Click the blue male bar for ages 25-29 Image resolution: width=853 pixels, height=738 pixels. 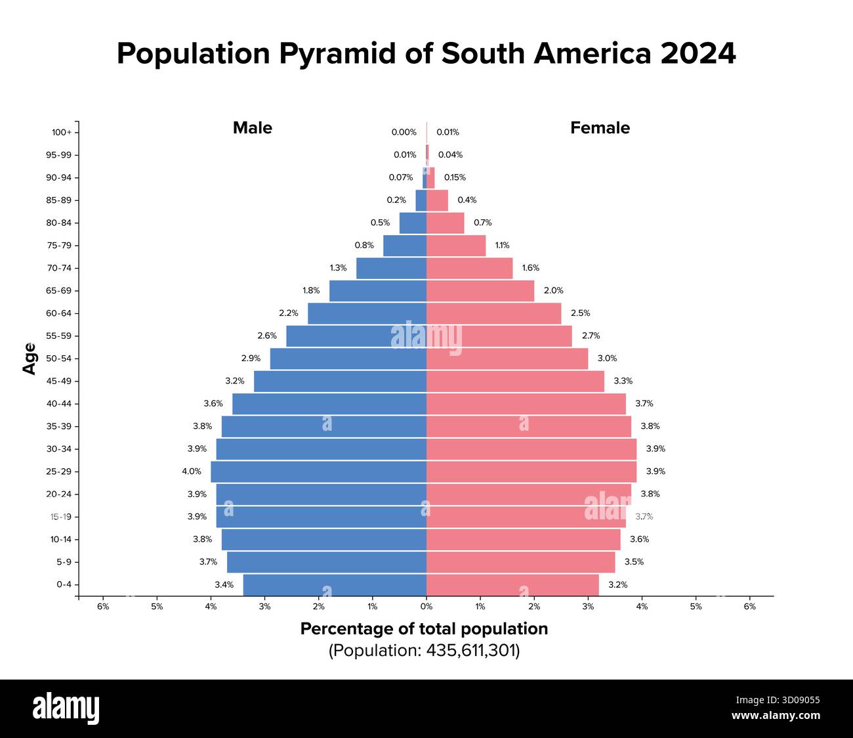318,471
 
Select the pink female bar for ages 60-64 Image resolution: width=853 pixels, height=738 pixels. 493,313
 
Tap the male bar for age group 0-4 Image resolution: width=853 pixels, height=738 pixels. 335,584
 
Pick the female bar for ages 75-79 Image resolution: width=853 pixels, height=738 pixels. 456,246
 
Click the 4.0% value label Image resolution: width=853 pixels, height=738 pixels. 192,471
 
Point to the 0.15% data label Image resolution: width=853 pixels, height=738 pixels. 455,177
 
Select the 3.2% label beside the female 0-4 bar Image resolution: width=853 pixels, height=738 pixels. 617,584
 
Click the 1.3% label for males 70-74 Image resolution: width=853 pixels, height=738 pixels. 338,268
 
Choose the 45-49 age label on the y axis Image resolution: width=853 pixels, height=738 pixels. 59,381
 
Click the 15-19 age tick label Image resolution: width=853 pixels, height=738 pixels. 60,517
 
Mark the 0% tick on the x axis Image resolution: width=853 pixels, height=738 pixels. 427,607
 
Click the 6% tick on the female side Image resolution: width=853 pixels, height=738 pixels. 749,607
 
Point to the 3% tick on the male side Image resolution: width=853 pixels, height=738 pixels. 264,607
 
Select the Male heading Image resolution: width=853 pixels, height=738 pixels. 252,128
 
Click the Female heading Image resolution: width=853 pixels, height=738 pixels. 600,128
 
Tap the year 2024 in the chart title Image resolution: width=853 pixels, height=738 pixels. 698,54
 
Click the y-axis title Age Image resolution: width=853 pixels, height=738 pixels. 30,358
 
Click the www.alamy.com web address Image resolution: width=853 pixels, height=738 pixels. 776,716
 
